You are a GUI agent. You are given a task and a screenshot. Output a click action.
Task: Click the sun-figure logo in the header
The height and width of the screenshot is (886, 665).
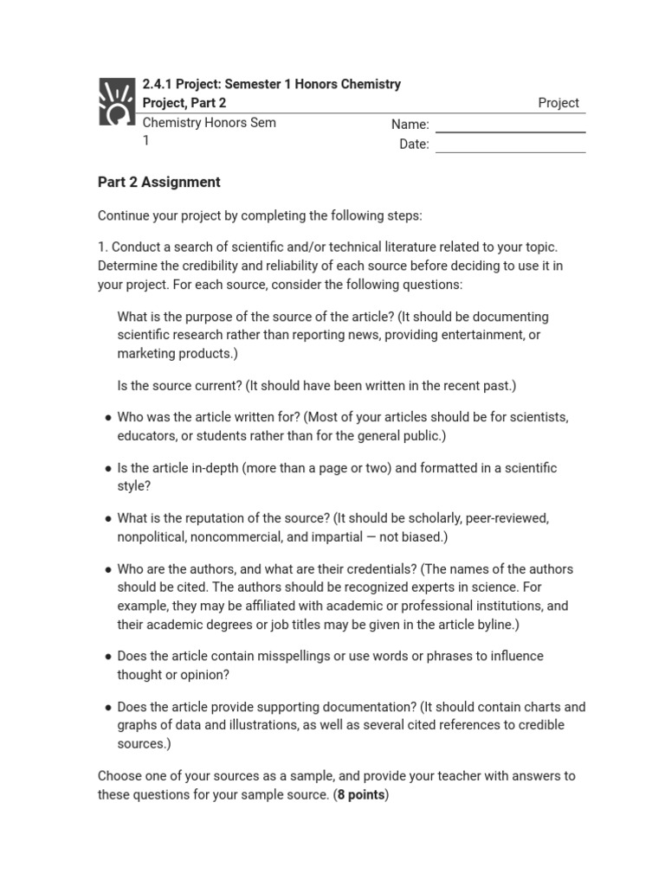(117, 102)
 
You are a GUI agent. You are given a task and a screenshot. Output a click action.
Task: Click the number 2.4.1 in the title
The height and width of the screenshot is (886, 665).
(158, 84)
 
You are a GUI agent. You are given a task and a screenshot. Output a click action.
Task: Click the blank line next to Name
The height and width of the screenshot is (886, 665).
(510, 131)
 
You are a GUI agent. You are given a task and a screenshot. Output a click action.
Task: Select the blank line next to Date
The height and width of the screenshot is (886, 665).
(510, 151)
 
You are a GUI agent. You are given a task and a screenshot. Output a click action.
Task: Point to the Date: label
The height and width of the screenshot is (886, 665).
(414, 144)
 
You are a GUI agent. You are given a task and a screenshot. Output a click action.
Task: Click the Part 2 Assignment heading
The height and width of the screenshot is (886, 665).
(158, 182)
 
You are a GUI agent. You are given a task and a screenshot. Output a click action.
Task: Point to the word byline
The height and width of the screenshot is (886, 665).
(496, 624)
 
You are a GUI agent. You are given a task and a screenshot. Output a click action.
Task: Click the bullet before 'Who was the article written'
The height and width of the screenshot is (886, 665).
(107, 418)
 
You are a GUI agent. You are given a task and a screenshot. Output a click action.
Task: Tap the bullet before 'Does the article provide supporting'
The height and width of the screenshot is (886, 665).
(107, 708)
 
